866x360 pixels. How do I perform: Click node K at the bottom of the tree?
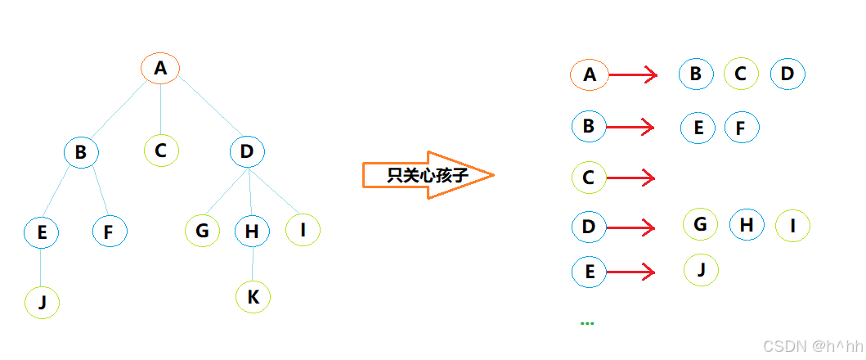pyautogui.click(x=253, y=298)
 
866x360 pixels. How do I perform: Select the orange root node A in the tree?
pyautogui.click(x=160, y=69)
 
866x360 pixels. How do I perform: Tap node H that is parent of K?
pyautogui.click(x=252, y=232)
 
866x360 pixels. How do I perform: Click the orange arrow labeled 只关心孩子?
pyautogui.click(x=427, y=175)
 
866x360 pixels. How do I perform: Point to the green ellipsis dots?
pyautogui.click(x=587, y=323)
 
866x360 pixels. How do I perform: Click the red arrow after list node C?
pyautogui.click(x=630, y=177)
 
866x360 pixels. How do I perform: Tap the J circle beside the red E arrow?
pyautogui.click(x=701, y=269)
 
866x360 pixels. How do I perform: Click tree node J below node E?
pyautogui.click(x=42, y=303)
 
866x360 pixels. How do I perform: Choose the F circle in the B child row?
pyautogui.click(x=742, y=128)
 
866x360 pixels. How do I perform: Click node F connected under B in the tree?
pyautogui.click(x=109, y=232)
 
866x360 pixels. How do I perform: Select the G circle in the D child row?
pyautogui.click(x=700, y=223)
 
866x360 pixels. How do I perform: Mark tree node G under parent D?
pyautogui.click(x=202, y=232)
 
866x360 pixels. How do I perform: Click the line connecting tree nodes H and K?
pyautogui.click(x=252, y=264)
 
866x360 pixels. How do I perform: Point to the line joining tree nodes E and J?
pyautogui.click(x=41, y=268)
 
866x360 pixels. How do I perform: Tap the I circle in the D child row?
pyautogui.click(x=792, y=225)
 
